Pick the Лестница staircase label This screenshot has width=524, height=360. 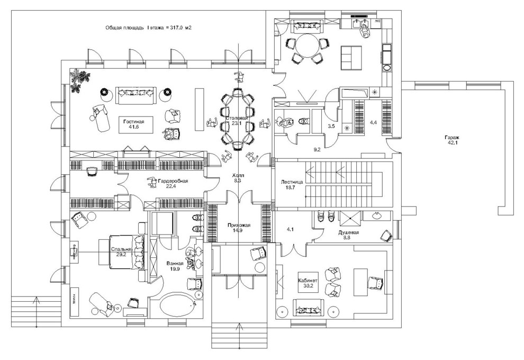click(x=292, y=182)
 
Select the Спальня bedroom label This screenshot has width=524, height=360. click(x=121, y=249)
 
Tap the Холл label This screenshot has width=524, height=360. click(x=238, y=175)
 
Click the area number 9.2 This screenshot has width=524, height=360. click(x=317, y=150)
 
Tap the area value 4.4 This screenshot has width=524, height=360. click(x=373, y=123)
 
